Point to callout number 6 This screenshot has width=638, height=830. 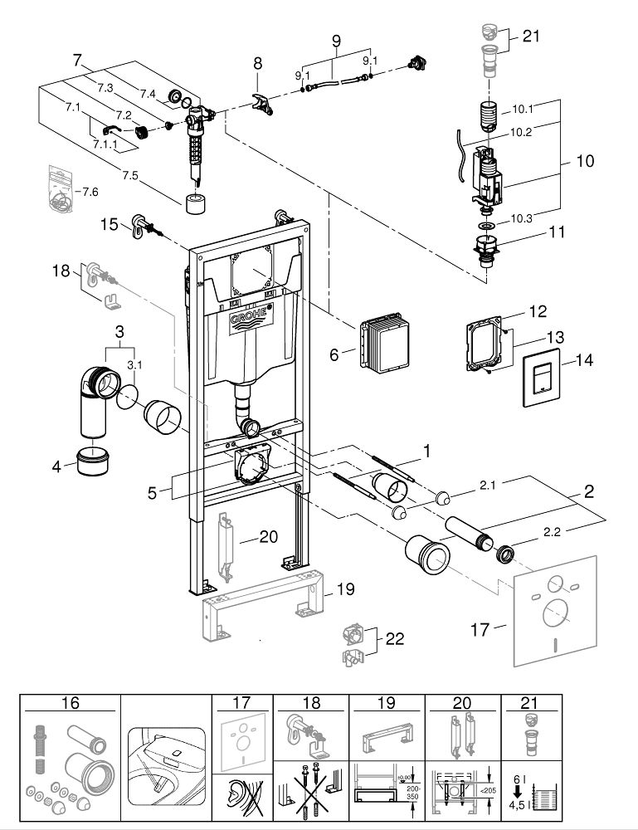click(x=334, y=354)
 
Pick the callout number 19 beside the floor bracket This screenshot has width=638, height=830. click(x=345, y=590)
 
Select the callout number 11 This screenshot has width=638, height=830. click(x=556, y=232)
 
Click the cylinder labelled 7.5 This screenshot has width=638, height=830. click(x=196, y=203)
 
